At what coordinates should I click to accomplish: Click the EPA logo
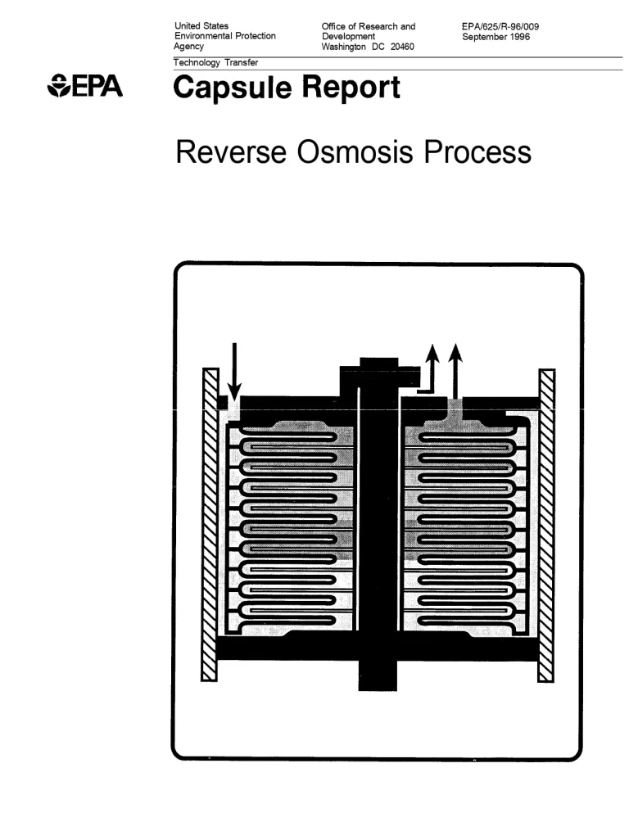coord(85,86)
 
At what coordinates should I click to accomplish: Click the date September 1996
coord(496,36)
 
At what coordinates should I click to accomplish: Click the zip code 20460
coord(400,47)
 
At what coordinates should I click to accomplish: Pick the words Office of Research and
coord(369,26)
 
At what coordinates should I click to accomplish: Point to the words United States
coord(202,26)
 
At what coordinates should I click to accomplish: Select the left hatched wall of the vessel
coord(210,524)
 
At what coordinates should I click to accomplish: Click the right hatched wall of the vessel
coord(546,524)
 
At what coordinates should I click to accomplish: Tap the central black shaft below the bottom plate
coord(378,675)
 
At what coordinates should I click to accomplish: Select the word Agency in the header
coord(190,47)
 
